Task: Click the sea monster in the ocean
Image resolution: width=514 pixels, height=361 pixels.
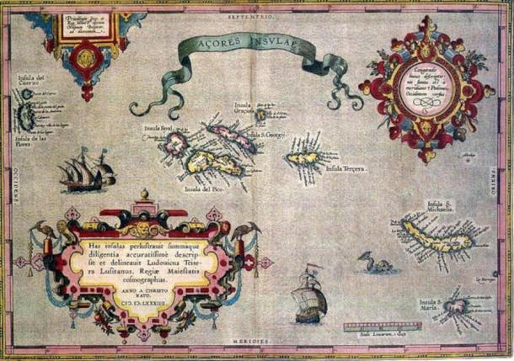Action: pyautogui.click(x=378, y=266)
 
